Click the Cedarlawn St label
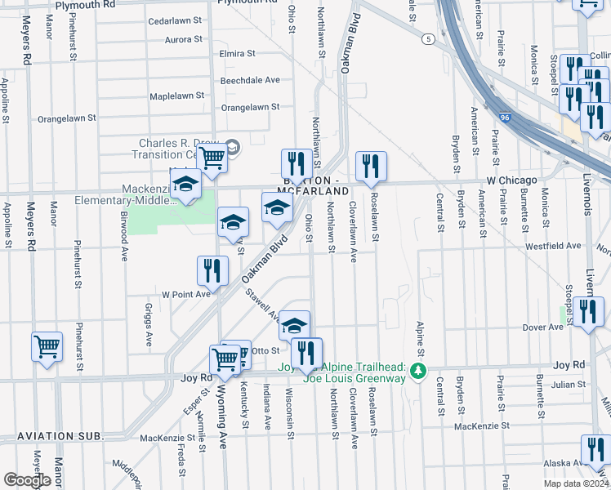click(x=175, y=20)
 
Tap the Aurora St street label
click(x=183, y=39)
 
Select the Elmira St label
click(x=237, y=54)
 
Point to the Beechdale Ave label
click(x=250, y=80)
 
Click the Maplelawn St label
click(x=176, y=96)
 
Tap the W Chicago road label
click(x=512, y=180)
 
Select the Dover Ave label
click(x=543, y=327)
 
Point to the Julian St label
click(x=569, y=384)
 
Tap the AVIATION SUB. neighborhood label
click(x=53, y=437)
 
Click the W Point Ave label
click(x=185, y=293)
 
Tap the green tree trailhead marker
click(x=418, y=372)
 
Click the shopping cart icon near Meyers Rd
click(x=47, y=346)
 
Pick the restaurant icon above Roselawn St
click(x=371, y=166)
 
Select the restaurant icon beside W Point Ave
click(x=212, y=270)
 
